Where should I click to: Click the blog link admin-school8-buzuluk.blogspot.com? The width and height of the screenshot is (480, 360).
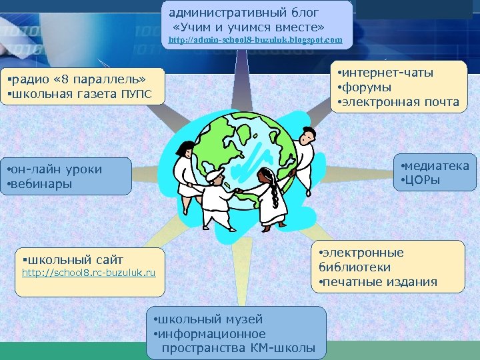[255, 40]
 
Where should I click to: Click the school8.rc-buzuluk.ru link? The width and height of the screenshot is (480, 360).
[89, 273]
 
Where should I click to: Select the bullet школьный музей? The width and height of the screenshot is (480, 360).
[210, 319]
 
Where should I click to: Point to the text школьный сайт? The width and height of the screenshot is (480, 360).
[75, 259]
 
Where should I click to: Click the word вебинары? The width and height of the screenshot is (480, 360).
[41, 183]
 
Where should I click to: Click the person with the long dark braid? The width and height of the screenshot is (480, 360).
[269, 193]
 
